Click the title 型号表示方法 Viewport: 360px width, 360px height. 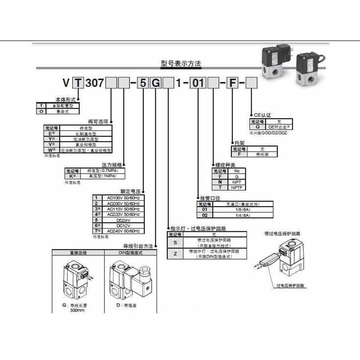[180, 63]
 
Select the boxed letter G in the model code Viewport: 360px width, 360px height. [154, 83]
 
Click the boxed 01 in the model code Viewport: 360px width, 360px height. [198, 83]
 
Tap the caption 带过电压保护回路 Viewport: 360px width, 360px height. [282, 234]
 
